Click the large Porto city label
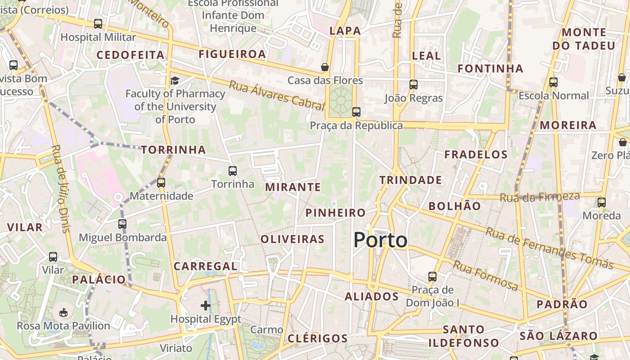coord(380,240)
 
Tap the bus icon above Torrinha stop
coord(233,171)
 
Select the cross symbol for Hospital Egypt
coord(206,306)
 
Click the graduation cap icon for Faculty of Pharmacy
coord(175,81)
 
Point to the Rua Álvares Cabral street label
coord(276,95)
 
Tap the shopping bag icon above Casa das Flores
coord(324,67)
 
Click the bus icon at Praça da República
coord(356,112)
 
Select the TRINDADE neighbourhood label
coord(410,180)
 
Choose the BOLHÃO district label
coord(454,206)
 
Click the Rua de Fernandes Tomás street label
coord(549,247)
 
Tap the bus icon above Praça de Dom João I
coord(432,276)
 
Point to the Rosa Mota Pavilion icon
coord(63,312)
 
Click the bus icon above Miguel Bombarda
coord(122,224)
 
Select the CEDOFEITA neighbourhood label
coord(130,55)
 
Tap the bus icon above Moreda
coord(602,202)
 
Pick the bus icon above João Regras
coord(413,84)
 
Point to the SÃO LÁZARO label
coord(558,336)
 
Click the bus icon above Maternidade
coord(161,183)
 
